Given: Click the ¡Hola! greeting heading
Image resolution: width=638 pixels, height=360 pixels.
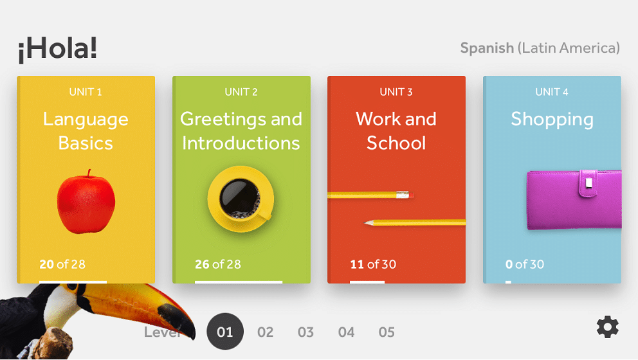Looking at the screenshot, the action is pos(57,49).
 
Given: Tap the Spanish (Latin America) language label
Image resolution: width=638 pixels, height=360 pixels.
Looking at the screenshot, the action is pos(540,48).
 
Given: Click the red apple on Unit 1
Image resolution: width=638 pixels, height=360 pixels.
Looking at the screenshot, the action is pos(86,202).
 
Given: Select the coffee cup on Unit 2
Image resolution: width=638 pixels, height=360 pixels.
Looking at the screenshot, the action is pos(241,199).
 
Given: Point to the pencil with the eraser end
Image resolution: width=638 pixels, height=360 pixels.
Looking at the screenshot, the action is pos(370,195).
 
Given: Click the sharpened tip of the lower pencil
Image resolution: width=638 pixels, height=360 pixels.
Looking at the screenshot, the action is pos(365,222).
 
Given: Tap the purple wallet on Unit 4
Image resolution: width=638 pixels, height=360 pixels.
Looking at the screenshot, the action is pos(574,200).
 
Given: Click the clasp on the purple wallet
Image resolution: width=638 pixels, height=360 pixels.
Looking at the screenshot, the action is pos(588,183).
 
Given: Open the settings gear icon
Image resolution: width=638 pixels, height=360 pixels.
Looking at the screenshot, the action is pos(608,327).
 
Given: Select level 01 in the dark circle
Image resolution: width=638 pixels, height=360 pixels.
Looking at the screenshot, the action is pos(225,332).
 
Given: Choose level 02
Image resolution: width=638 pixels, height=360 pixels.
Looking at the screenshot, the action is pos(265,332).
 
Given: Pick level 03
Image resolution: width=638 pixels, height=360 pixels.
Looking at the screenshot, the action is pos(305,332).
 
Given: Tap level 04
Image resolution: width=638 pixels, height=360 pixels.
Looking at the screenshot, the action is pos(346,332).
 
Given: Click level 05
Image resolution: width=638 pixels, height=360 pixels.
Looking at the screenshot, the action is pos(387,332).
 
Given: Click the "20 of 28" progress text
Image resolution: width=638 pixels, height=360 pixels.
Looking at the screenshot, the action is pos(62,264).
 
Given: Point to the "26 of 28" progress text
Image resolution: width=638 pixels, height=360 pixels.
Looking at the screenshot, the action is pos(217,264).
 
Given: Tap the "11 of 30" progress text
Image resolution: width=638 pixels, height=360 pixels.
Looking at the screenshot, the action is pos(373,264).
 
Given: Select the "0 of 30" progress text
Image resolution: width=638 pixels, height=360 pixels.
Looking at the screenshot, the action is pos(524,264).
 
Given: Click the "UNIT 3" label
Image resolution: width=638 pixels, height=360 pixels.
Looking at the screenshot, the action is pos(396,92).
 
